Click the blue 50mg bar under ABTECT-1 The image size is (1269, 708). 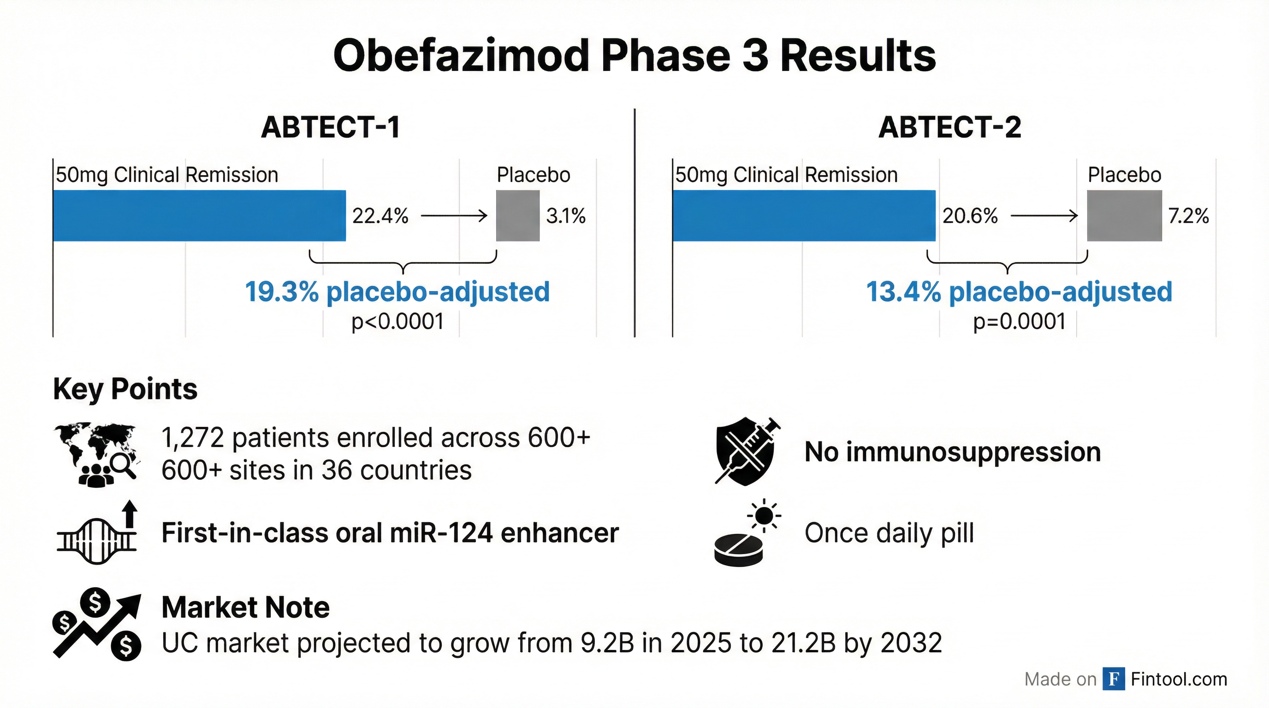point(200,216)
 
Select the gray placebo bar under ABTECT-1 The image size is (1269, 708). point(518,216)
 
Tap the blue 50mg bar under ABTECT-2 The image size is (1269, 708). point(804,216)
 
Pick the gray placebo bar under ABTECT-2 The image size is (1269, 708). point(1125,216)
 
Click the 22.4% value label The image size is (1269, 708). point(380,216)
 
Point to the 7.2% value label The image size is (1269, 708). point(1189,216)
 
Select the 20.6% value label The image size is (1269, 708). point(970,216)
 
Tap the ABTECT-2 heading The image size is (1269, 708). point(950,127)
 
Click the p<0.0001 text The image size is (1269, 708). point(397,322)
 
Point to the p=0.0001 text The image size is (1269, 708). point(1019,322)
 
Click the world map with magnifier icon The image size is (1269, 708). point(97,454)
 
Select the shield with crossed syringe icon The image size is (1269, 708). point(747,451)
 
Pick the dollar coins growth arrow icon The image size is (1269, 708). point(97,624)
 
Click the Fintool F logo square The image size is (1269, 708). point(1114,679)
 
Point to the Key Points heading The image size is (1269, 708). point(125,389)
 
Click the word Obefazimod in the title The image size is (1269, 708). point(461,56)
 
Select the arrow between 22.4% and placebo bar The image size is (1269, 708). point(454,216)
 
